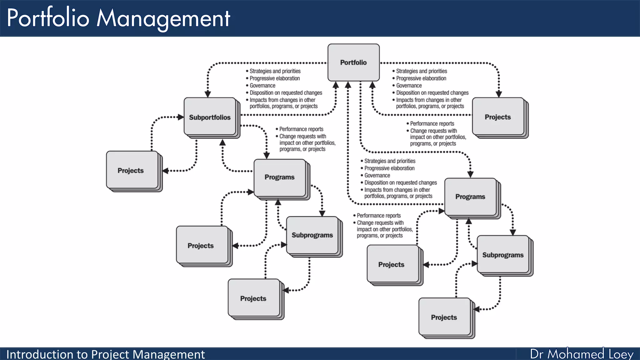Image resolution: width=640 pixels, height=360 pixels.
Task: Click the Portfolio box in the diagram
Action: (353, 62)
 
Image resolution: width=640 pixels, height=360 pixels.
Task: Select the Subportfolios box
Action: (210, 117)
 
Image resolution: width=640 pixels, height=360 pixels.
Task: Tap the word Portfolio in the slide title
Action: (48, 18)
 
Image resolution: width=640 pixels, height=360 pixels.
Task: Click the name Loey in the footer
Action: (621, 354)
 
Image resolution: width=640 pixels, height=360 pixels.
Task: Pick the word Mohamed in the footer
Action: (576, 354)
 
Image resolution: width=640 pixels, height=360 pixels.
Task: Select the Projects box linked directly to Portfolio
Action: (498, 117)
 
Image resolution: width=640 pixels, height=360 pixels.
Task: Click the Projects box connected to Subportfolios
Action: (131, 171)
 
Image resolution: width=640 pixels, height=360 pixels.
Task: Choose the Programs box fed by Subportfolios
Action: (280, 177)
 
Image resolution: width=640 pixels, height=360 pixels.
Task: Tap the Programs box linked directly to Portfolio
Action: (470, 197)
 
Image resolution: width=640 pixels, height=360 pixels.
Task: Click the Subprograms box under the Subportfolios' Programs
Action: (312, 235)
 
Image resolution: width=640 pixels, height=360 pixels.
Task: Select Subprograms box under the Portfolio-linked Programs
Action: (503, 255)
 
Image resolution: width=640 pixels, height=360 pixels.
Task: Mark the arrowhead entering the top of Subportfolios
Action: (207, 94)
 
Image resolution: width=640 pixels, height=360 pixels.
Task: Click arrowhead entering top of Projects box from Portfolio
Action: (499, 94)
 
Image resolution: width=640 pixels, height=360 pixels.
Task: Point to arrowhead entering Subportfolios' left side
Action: (181, 117)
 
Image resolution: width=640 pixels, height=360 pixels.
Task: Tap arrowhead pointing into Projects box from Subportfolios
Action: (166, 171)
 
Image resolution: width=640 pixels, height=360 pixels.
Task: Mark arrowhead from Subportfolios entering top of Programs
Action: (267, 156)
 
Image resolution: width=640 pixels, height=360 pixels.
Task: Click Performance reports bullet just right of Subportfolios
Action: (301, 129)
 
